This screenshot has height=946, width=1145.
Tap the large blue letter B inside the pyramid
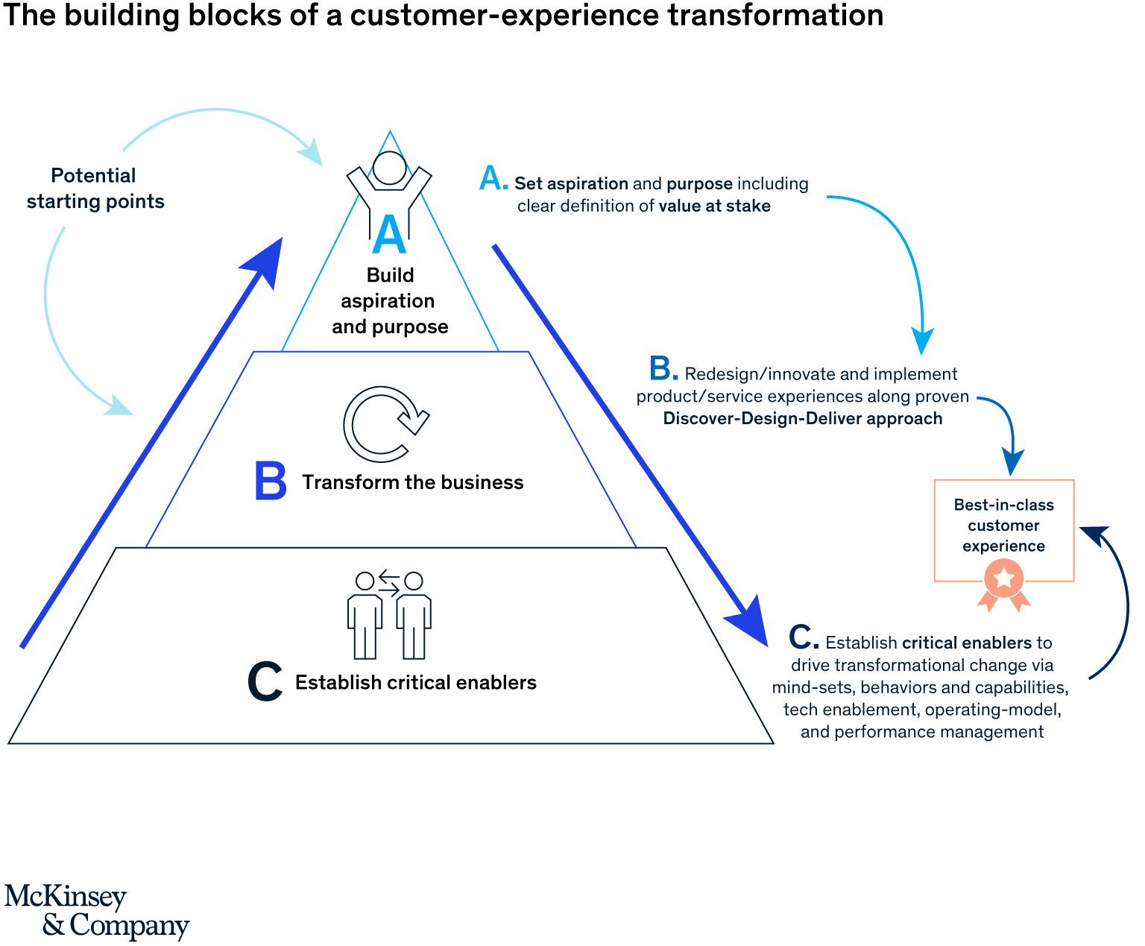coord(270,482)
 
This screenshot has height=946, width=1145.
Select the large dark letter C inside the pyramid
coord(265,682)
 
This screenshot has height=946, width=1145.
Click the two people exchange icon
coord(389,615)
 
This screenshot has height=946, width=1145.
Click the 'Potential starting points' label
coord(95,189)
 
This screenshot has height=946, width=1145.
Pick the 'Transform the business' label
coord(412,482)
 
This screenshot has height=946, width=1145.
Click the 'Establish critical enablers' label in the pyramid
coord(415,683)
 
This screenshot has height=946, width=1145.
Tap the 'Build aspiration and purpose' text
coord(390,301)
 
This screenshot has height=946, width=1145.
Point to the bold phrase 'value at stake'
coord(714,206)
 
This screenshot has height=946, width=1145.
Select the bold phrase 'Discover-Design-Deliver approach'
coord(802,419)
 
